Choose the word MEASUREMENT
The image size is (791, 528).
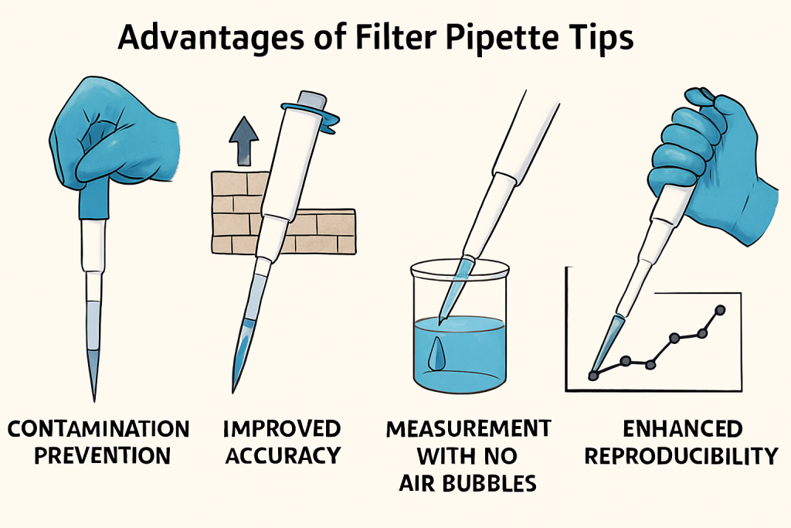pos(468,429)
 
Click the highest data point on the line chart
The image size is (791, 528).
pos(721,310)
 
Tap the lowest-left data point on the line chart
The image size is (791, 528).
pos(593,375)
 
